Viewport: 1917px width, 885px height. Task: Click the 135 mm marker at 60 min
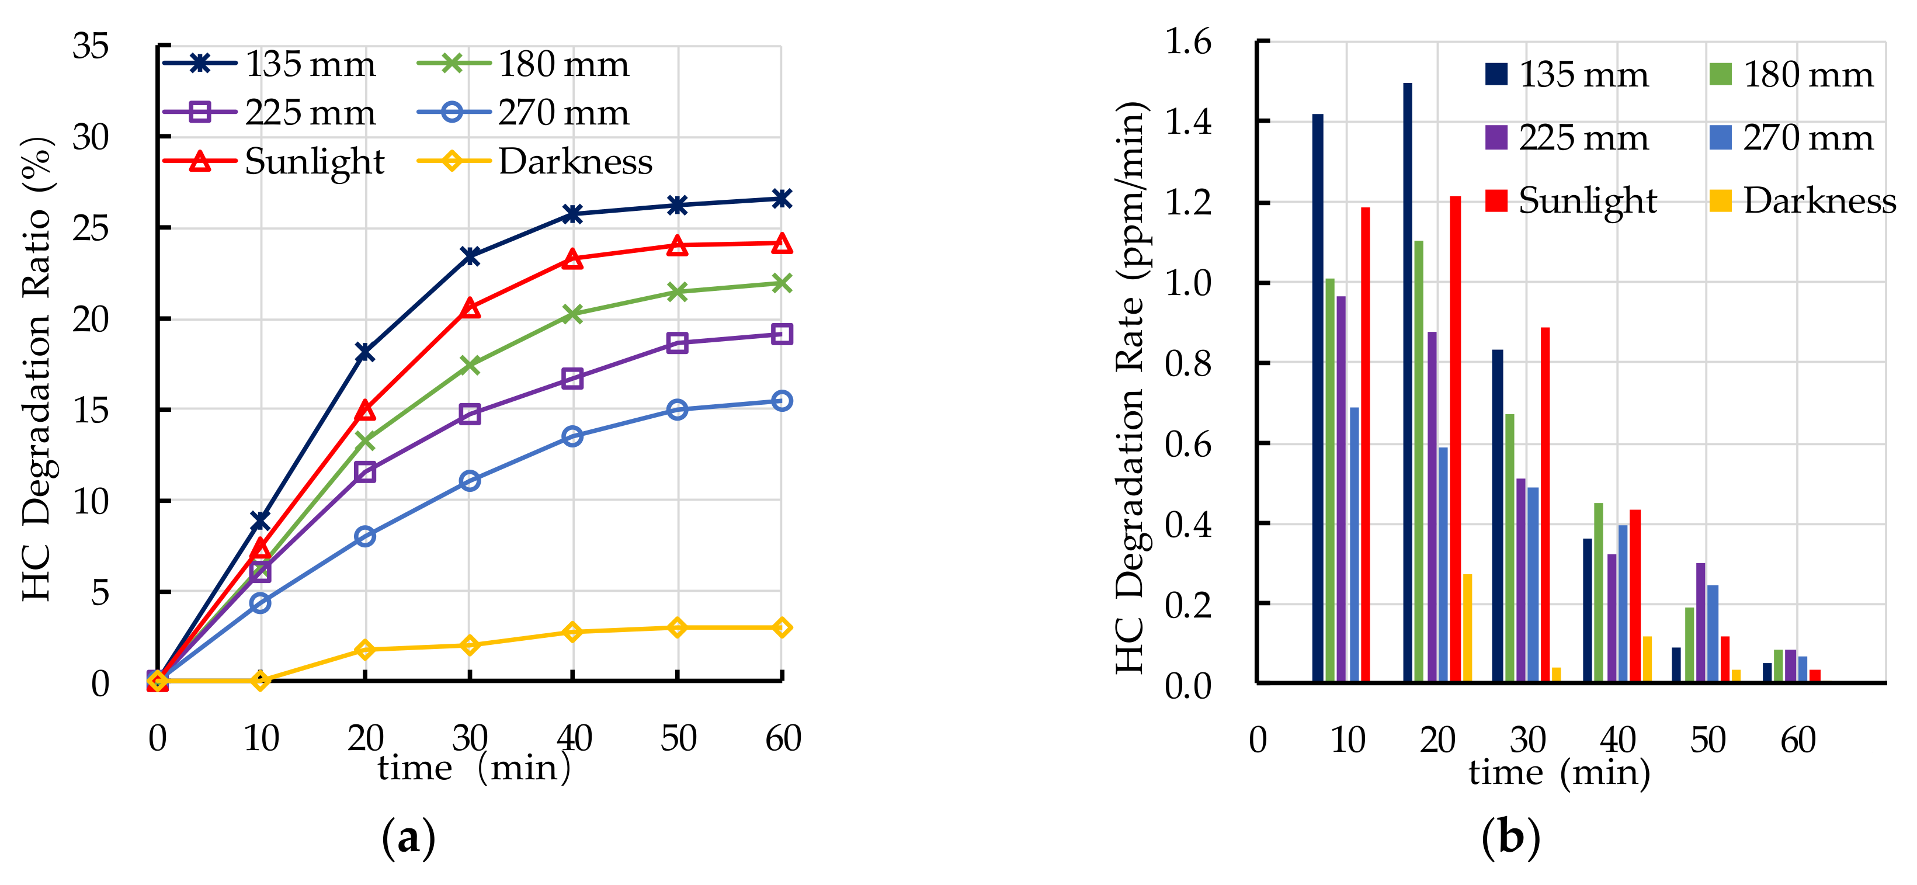[780, 199]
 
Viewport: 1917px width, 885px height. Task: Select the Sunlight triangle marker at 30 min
[470, 307]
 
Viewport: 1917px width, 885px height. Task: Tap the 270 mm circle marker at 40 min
[572, 436]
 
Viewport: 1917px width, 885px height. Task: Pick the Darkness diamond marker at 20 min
[364, 650]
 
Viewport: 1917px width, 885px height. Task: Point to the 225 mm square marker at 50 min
[676, 342]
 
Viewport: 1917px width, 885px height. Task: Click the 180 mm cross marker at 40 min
[572, 314]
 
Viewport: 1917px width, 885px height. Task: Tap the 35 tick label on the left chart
[90, 46]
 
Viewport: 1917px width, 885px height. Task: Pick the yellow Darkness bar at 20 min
[1467, 627]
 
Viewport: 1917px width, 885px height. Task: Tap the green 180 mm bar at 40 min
[1597, 592]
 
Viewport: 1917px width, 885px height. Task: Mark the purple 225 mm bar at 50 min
[1700, 622]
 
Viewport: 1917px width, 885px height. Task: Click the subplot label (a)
[408, 837]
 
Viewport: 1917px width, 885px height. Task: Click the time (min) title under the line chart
[473, 768]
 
